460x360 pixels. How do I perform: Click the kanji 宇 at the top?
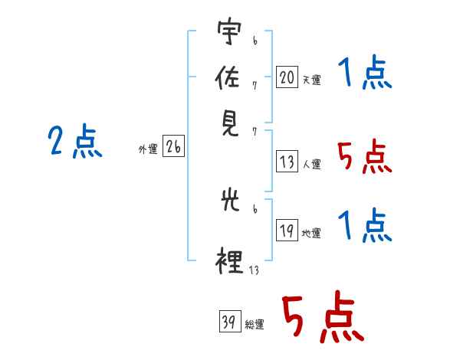coord(230,31)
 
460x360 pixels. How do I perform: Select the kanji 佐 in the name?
coord(228,77)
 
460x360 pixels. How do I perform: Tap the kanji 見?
coord(230,124)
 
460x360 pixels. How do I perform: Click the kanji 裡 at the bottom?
coord(229,261)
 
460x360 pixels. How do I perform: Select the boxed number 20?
coord(287,77)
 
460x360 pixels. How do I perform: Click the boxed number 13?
coord(287,162)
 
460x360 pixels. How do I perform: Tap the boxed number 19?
coord(287,230)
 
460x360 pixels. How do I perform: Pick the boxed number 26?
coord(173,146)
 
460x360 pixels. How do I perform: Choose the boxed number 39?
coord(230,321)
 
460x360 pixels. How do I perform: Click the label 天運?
coord(312,80)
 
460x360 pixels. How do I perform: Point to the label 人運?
coord(312,164)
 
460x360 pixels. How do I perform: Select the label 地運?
coord(311,234)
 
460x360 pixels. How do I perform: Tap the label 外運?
coord(148,149)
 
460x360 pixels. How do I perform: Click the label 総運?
coord(255,325)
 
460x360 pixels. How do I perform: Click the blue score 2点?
coord(75,141)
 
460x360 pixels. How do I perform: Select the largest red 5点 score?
coord(323,316)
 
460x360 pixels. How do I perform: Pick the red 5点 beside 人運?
coord(365,156)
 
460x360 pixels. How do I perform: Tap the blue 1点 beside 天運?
coord(365,72)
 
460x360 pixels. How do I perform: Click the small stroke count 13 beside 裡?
coord(254,270)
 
